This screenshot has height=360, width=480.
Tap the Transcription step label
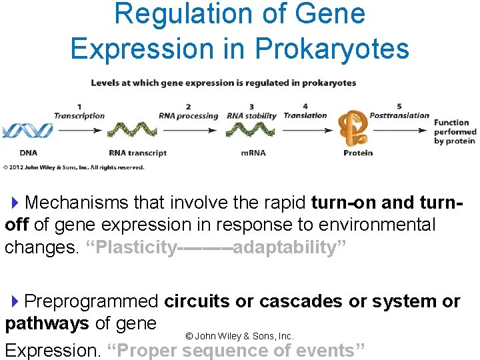79,115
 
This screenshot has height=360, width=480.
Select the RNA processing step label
188,115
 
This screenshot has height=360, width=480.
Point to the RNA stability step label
251,115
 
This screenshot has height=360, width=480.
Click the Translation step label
305,115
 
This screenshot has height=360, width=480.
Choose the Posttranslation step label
399,115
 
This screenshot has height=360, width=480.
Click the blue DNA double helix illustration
27,129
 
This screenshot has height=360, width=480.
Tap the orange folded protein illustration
353,127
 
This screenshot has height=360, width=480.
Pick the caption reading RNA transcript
138,153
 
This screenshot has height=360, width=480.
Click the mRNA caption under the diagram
254,153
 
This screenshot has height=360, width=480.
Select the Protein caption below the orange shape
358,153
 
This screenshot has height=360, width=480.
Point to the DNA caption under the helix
29,153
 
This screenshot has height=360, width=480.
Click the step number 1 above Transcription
79,107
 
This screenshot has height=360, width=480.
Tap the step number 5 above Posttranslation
399,107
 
